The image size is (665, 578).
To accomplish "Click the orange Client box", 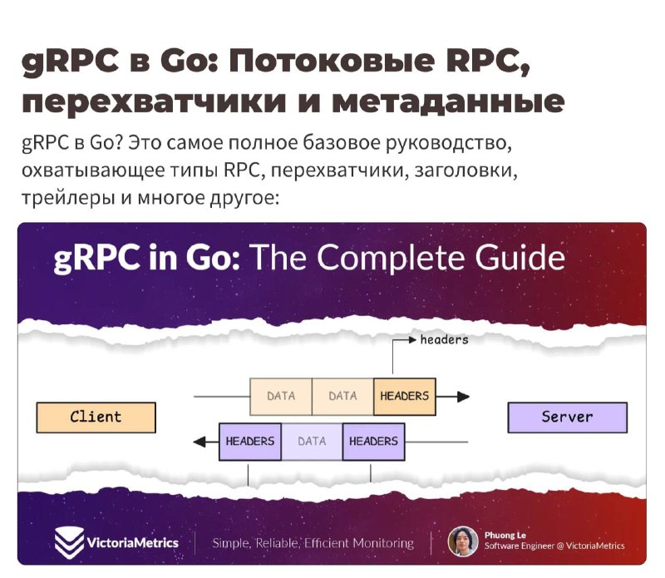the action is point(96,417).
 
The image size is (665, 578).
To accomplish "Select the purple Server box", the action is point(568,417).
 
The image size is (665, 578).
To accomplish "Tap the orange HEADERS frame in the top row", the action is point(405,397).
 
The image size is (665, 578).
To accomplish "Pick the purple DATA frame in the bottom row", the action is point(312,442).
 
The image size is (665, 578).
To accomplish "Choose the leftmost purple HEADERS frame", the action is point(250,442).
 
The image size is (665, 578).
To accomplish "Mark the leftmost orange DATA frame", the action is point(281,397).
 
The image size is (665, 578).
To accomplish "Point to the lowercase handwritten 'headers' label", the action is point(445,340).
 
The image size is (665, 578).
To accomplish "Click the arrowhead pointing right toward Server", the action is point(463,397).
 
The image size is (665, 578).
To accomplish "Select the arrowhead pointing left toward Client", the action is point(199,442).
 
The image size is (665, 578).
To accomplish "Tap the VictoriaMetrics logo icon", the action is point(69,542).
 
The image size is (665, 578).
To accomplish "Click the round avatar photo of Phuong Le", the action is point(463,541).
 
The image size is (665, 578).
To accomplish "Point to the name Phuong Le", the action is point(505,535).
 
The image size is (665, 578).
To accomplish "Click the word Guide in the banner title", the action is point(520,258).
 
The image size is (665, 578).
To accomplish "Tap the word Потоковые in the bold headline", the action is point(332,61).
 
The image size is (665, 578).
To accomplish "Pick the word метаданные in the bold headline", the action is point(449,101).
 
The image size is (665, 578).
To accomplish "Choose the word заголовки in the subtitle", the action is point(465,170).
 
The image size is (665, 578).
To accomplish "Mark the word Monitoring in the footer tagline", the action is point(383,543).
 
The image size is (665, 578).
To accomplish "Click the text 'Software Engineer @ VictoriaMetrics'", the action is point(554,546).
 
